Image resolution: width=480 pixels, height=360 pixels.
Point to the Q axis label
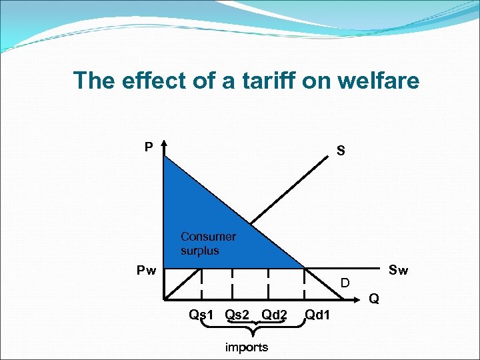pyautogui.click(x=374, y=299)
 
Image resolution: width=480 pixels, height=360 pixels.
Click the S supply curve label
pyautogui.click(x=341, y=151)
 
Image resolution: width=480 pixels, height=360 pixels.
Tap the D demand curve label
pyautogui.click(x=345, y=283)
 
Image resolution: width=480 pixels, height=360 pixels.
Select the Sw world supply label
pyautogui.click(x=398, y=270)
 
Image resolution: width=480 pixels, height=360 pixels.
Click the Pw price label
pyautogui.click(x=147, y=271)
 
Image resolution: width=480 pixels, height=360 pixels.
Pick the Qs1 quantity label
pyautogui.click(x=201, y=314)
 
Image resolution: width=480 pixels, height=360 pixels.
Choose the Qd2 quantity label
pyautogui.click(x=275, y=314)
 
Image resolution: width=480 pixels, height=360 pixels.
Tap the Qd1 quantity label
pyautogui.click(x=317, y=314)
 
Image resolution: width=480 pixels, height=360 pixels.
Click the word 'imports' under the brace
pyautogui.click(x=246, y=347)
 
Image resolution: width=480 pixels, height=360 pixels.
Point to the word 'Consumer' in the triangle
pyautogui.click(x=208, y=237)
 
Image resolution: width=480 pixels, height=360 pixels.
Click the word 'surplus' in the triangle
pyautogui.click(x=199, y=251)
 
